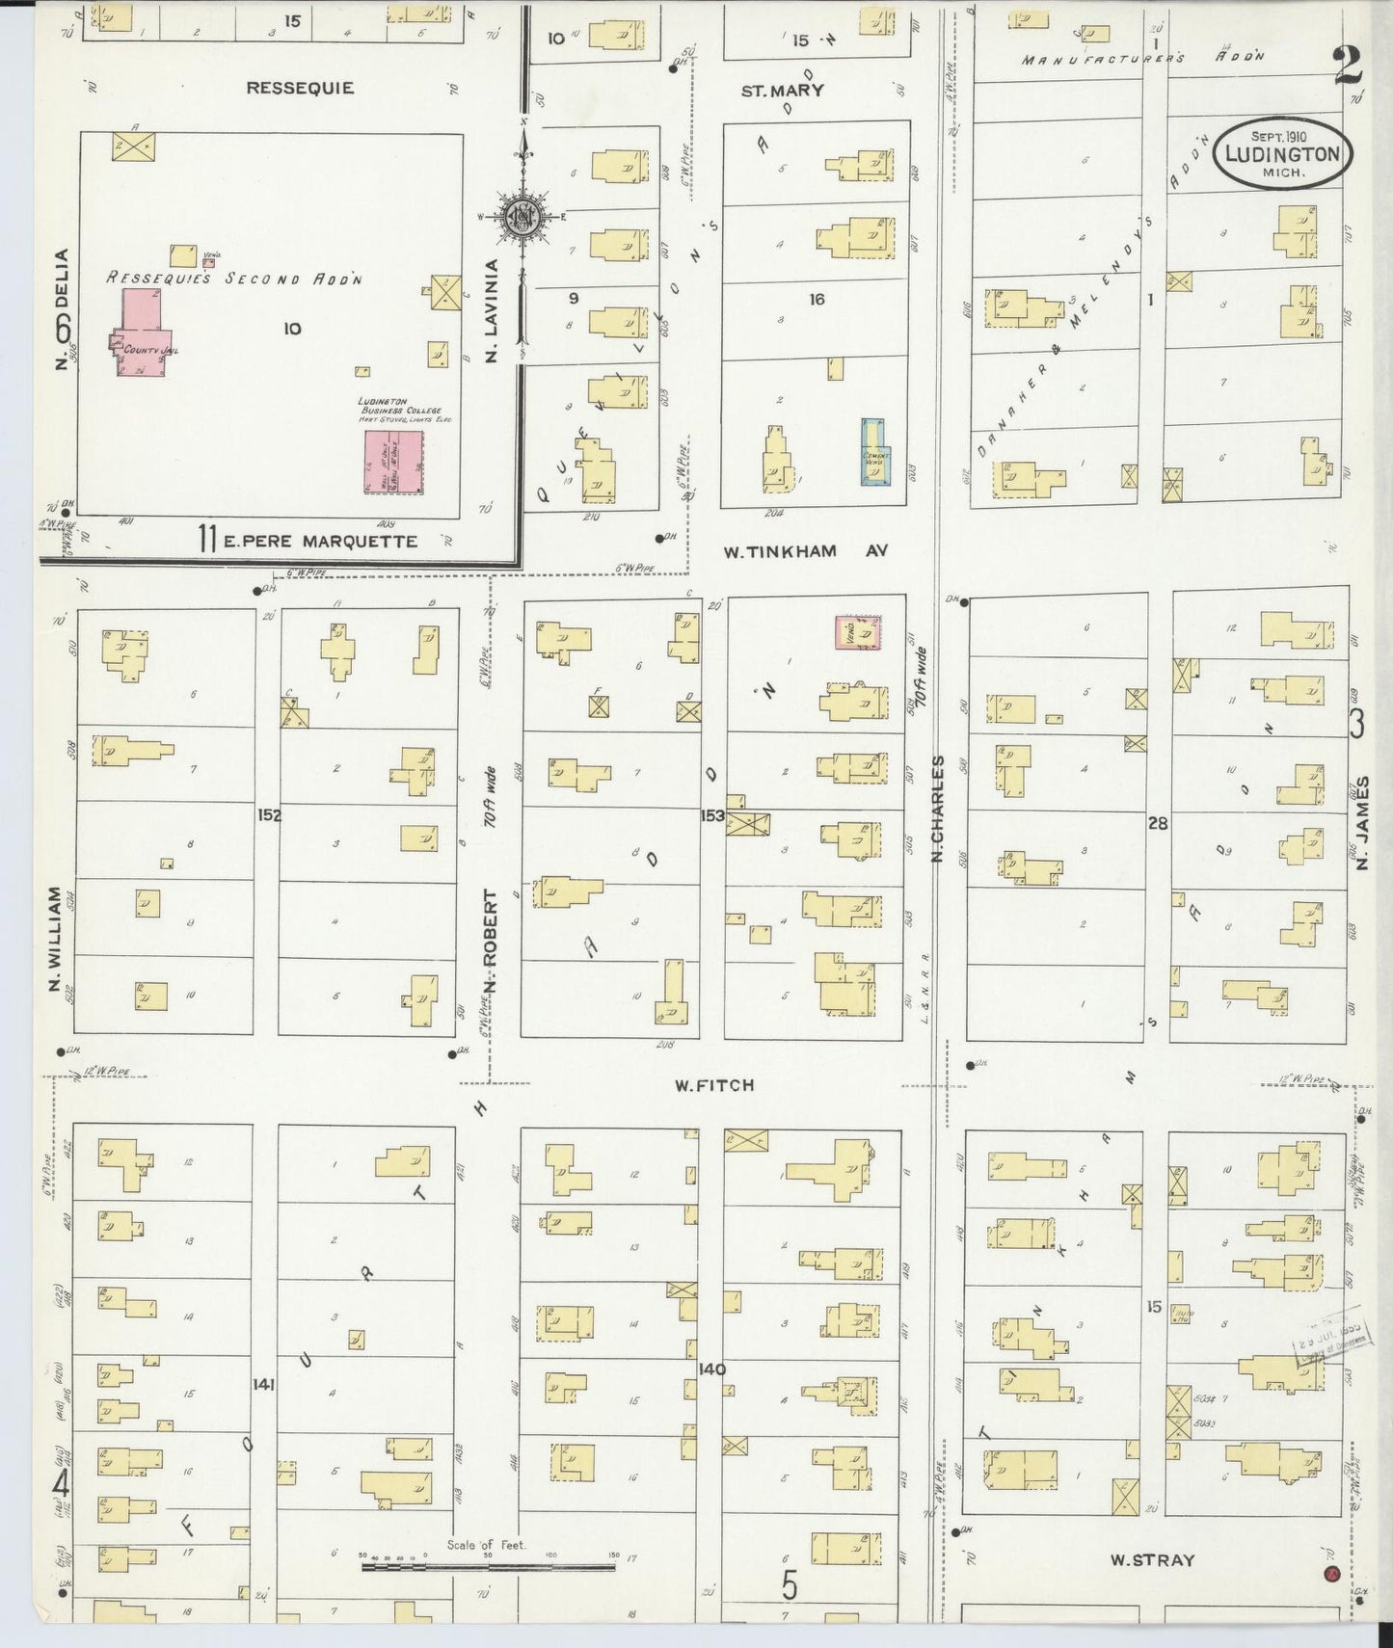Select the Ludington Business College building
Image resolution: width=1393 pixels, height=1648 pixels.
point(392,462)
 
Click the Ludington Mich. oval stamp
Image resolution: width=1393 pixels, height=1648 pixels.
point(1281,154)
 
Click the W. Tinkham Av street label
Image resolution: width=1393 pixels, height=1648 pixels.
point(805,551)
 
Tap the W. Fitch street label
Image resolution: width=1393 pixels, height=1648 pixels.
point(713,1085)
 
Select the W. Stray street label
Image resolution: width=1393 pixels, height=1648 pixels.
point(1152,1559)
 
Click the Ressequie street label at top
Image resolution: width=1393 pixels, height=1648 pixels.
point(300,88)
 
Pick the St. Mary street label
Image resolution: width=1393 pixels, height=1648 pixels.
point(782,91)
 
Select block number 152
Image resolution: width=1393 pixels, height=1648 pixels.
point(268,815)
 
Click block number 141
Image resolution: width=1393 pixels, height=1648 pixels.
point(263,1385)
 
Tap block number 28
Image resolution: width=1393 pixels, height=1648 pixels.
point(1157,823)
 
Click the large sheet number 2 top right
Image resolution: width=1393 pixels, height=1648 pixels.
point(1348,66)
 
